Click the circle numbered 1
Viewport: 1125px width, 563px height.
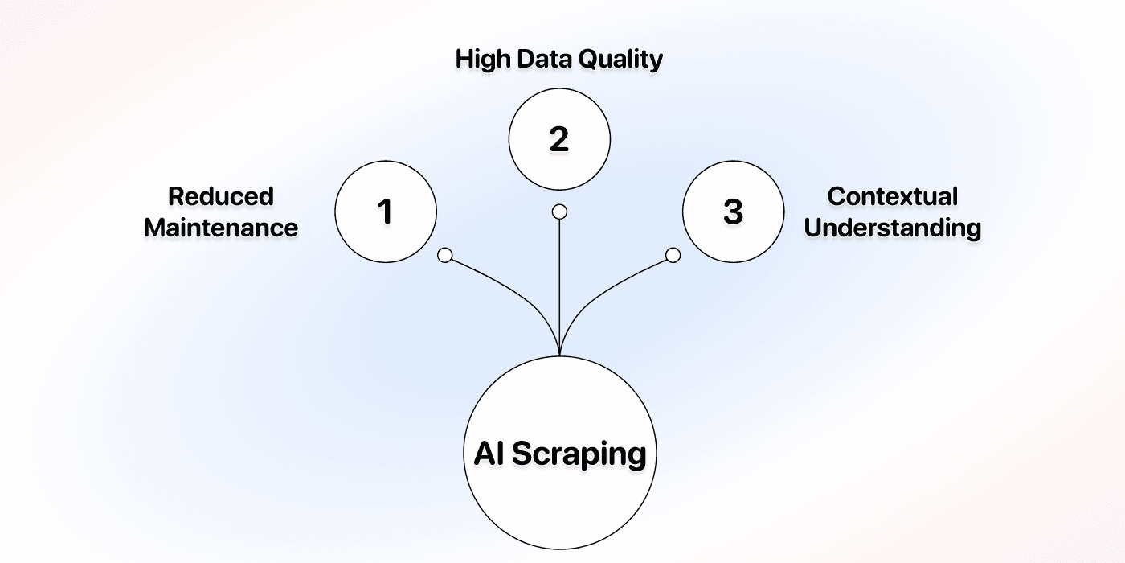coord(385,212)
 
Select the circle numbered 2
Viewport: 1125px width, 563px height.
coord(559,139)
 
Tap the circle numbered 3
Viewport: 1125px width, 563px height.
coord(733,212)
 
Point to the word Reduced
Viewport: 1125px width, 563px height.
coord(221,196)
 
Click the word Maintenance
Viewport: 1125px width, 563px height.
coord(221,228)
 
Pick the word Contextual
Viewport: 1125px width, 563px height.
coord(892,196)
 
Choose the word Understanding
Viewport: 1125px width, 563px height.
coord(892,228)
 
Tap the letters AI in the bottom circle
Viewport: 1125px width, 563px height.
coord(489,454)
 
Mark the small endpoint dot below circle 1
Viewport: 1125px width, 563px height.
coord(445,256)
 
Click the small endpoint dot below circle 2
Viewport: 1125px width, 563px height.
coord(559,212)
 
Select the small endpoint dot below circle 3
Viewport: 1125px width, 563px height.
coord(673,256)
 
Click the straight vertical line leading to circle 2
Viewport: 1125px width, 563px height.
coord(559,273)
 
